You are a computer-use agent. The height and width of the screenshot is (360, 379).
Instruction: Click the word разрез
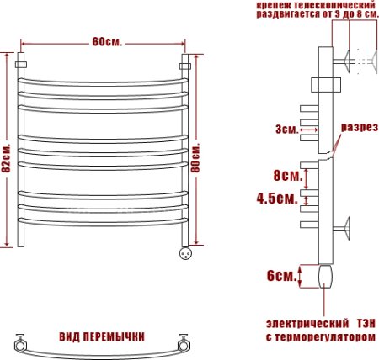(357, 128)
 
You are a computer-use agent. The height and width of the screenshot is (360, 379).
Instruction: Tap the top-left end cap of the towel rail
(23, 63)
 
